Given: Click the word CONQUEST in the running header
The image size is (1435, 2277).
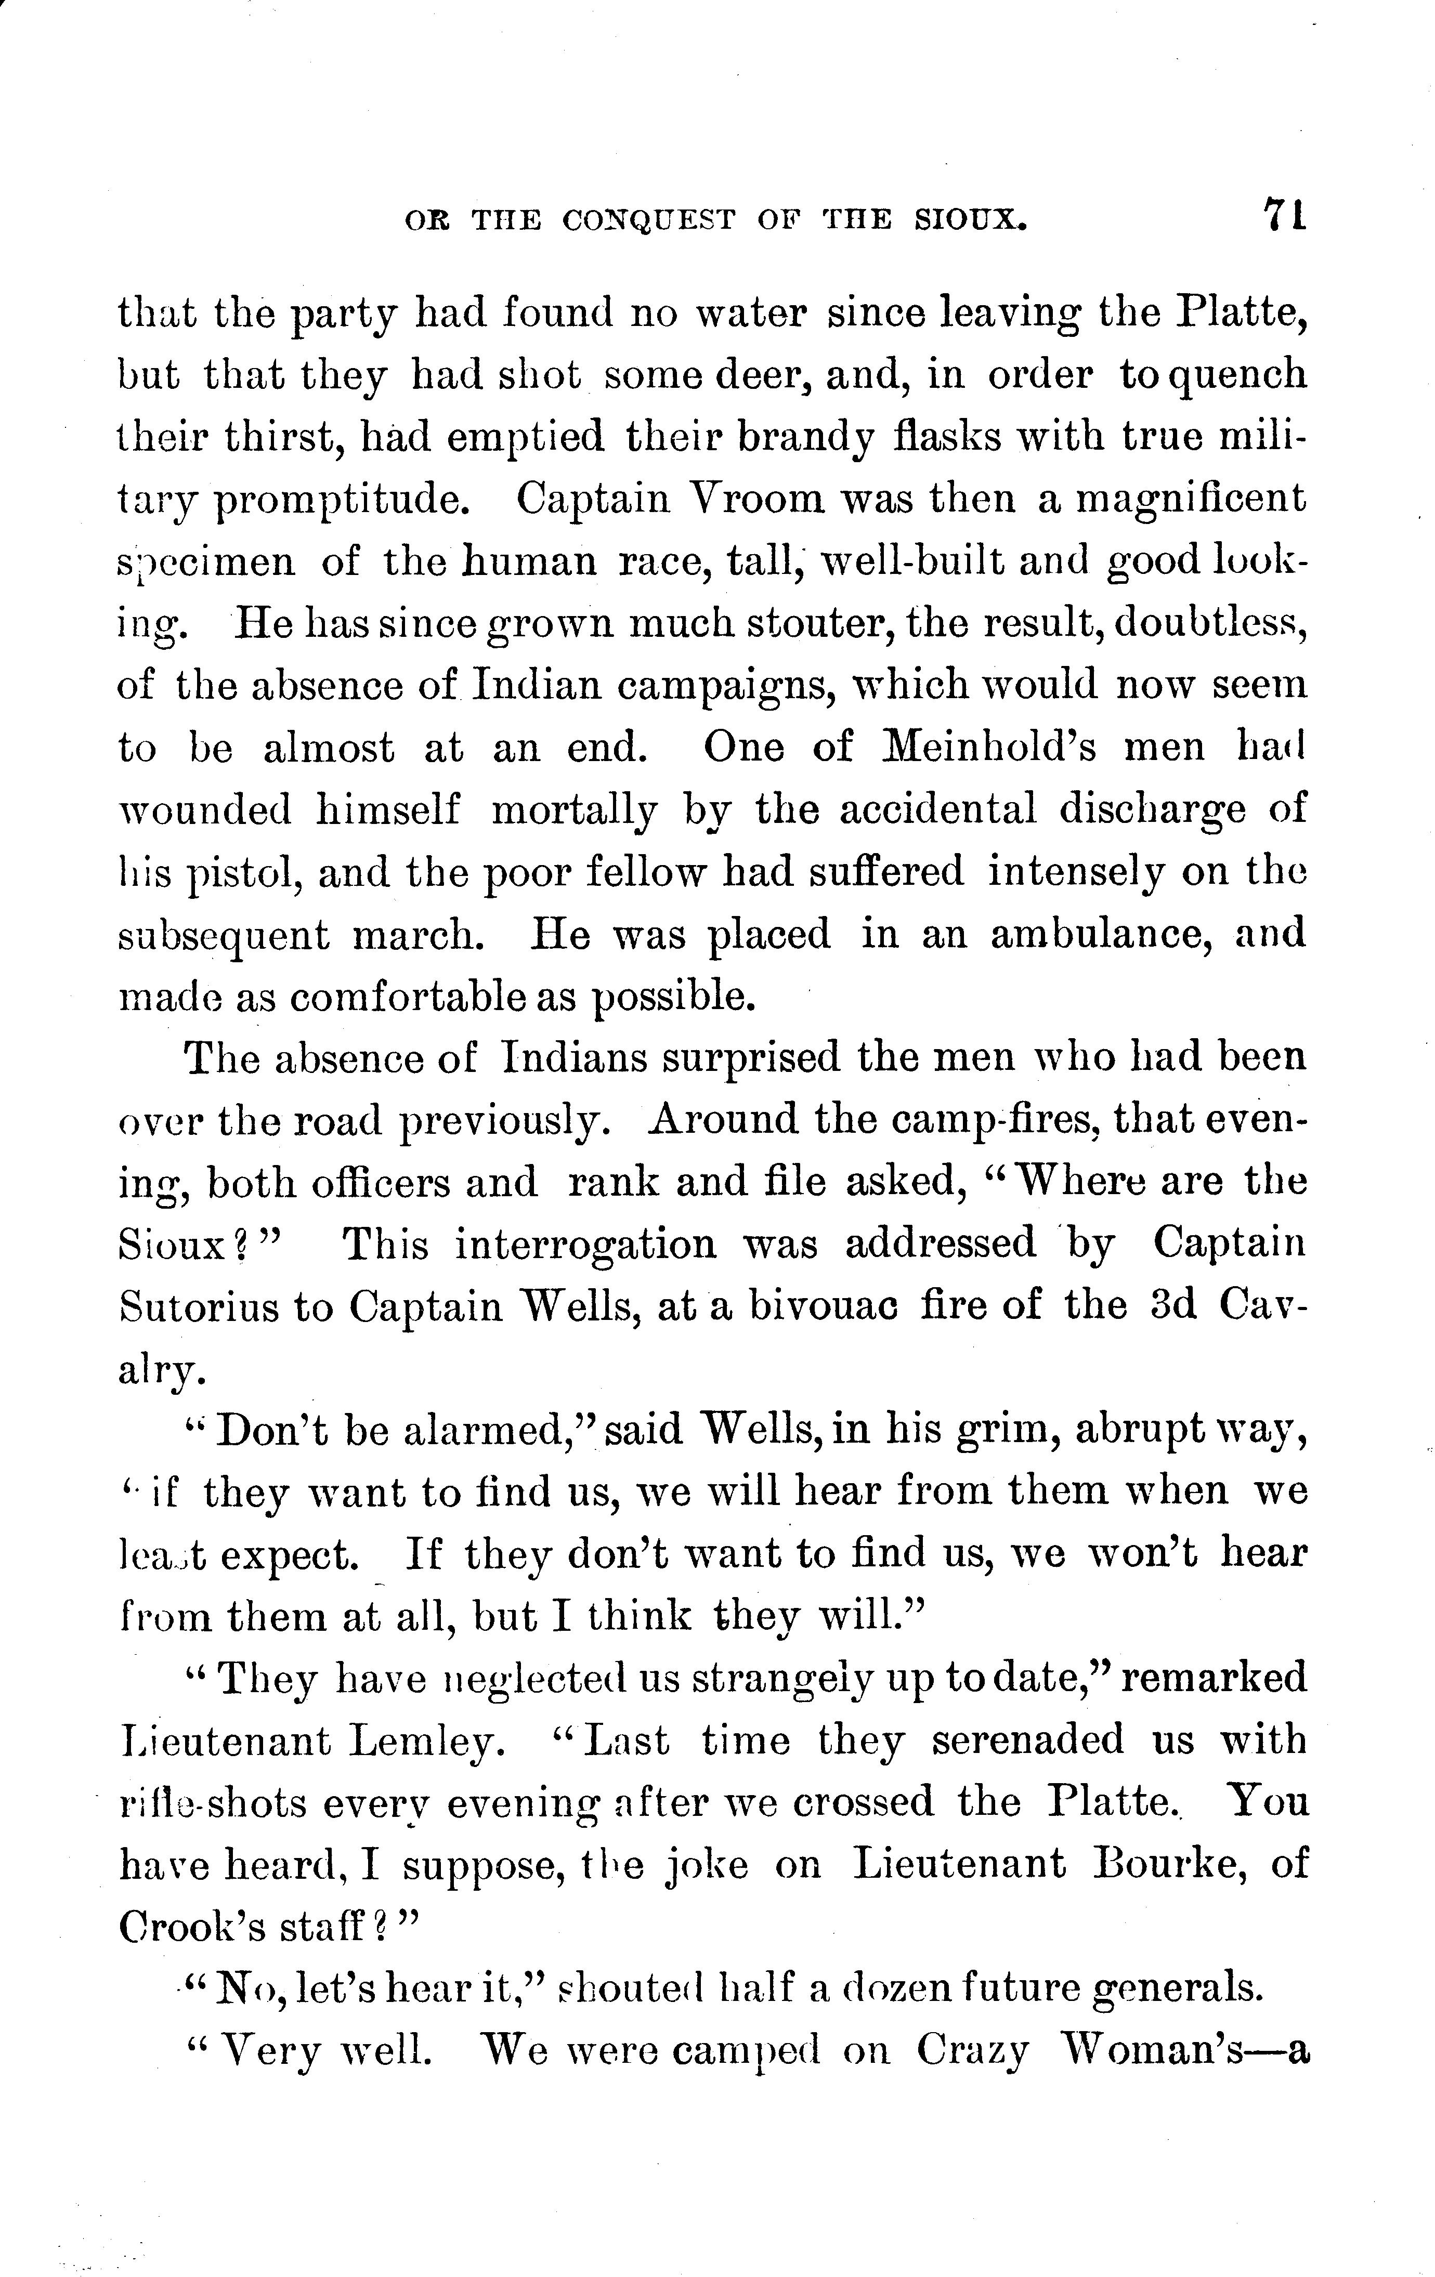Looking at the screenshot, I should [648, 220].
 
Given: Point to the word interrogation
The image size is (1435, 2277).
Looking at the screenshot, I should [585, 1244].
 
